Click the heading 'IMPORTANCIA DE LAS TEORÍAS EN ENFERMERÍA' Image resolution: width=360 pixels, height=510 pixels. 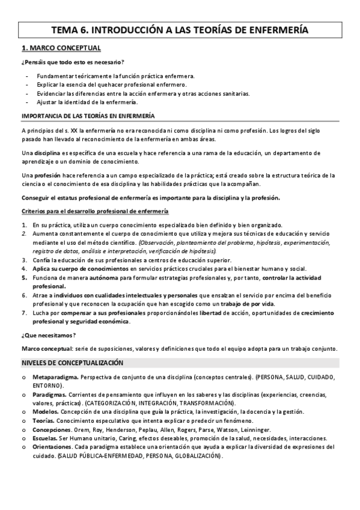[88, 115]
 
